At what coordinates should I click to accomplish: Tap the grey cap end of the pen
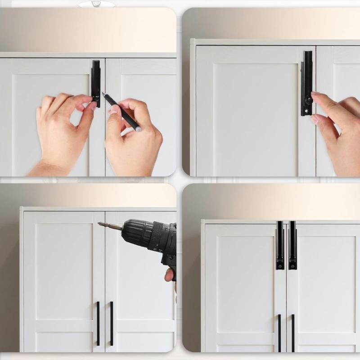pos(138,129)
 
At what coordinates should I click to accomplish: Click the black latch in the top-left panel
pos(96,79)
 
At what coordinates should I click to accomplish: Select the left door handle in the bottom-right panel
pos(279,333)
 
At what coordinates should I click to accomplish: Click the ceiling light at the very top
pos(95,4)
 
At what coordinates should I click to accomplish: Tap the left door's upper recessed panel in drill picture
pos(63,270)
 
